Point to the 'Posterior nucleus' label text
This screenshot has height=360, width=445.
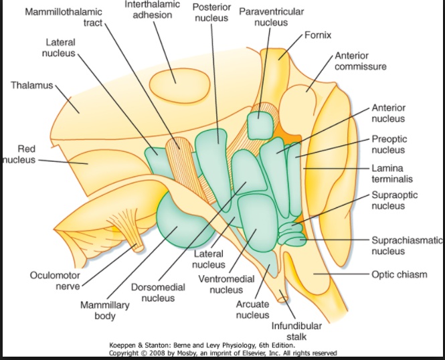[212, 12]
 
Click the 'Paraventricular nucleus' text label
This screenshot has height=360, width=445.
[271, 17]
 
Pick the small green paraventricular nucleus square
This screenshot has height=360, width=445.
[260, 124]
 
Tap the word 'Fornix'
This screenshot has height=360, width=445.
[319, 33]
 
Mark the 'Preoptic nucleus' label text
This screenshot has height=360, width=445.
[388, 145]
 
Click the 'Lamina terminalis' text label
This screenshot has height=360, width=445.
[392, 174]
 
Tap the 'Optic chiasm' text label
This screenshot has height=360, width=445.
[399, 274]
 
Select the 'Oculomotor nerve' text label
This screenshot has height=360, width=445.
[56, 281]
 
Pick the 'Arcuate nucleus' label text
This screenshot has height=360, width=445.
[253, 310]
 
